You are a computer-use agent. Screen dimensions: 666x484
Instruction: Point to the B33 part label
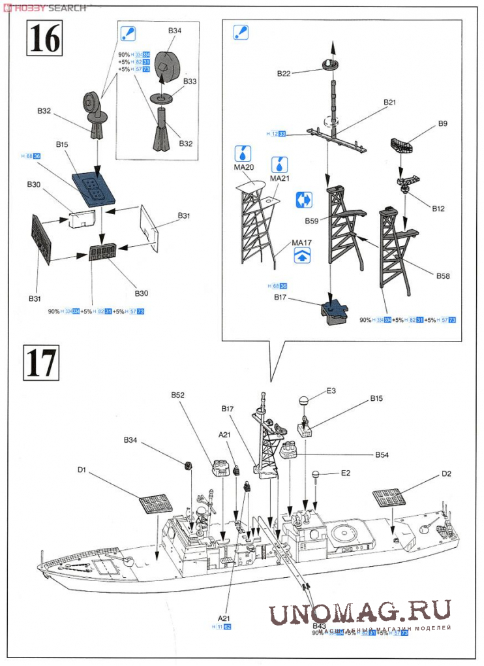(x=190, y=82)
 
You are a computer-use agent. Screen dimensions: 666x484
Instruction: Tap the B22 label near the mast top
(x=283, y=74)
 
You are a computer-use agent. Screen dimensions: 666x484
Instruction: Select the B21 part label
(x=389, y=103)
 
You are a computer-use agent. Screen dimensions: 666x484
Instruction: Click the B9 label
(x=443, y=123)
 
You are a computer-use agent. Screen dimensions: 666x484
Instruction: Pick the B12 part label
(x=438, y=208)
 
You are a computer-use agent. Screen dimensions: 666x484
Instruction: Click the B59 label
(x=310, y=221)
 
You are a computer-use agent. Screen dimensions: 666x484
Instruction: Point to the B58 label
(x=444, y=276)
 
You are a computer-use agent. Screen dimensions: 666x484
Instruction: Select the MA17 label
(x=301, y=244)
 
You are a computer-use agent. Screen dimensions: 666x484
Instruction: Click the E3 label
(x=331, y=390)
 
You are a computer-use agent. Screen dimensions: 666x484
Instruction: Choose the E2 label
(x=346, y=473)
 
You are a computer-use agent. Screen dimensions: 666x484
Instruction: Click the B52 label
(x=178, y=395)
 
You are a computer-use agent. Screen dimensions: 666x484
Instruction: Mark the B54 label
(x=382, y=454)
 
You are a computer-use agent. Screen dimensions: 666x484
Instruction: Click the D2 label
(x=446, y=473)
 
